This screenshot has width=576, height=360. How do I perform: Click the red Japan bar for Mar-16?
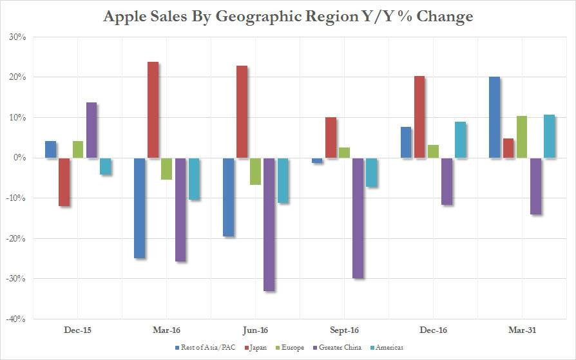[153, 110]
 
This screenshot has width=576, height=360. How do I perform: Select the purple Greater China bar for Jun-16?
[269, 224]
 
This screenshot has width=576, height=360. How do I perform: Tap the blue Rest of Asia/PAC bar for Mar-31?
[494, 117]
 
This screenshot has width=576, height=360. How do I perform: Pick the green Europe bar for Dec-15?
[78, 149]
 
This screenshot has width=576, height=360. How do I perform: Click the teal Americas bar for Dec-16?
[460, 140]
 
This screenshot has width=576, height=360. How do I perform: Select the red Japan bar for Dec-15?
[64, 182]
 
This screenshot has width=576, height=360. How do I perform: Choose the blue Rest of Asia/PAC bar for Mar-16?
[139, 207]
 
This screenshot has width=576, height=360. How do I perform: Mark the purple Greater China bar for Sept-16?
[358, 218]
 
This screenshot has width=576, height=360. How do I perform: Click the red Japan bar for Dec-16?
[419, 117]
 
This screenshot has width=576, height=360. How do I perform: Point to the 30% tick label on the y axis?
[17, 37]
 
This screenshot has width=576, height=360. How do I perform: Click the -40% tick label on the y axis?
[15, 319]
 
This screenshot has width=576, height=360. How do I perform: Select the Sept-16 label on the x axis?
[343, 330]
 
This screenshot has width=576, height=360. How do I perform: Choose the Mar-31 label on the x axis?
[521, 330]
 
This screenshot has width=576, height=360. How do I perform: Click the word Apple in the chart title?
[128, 16]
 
